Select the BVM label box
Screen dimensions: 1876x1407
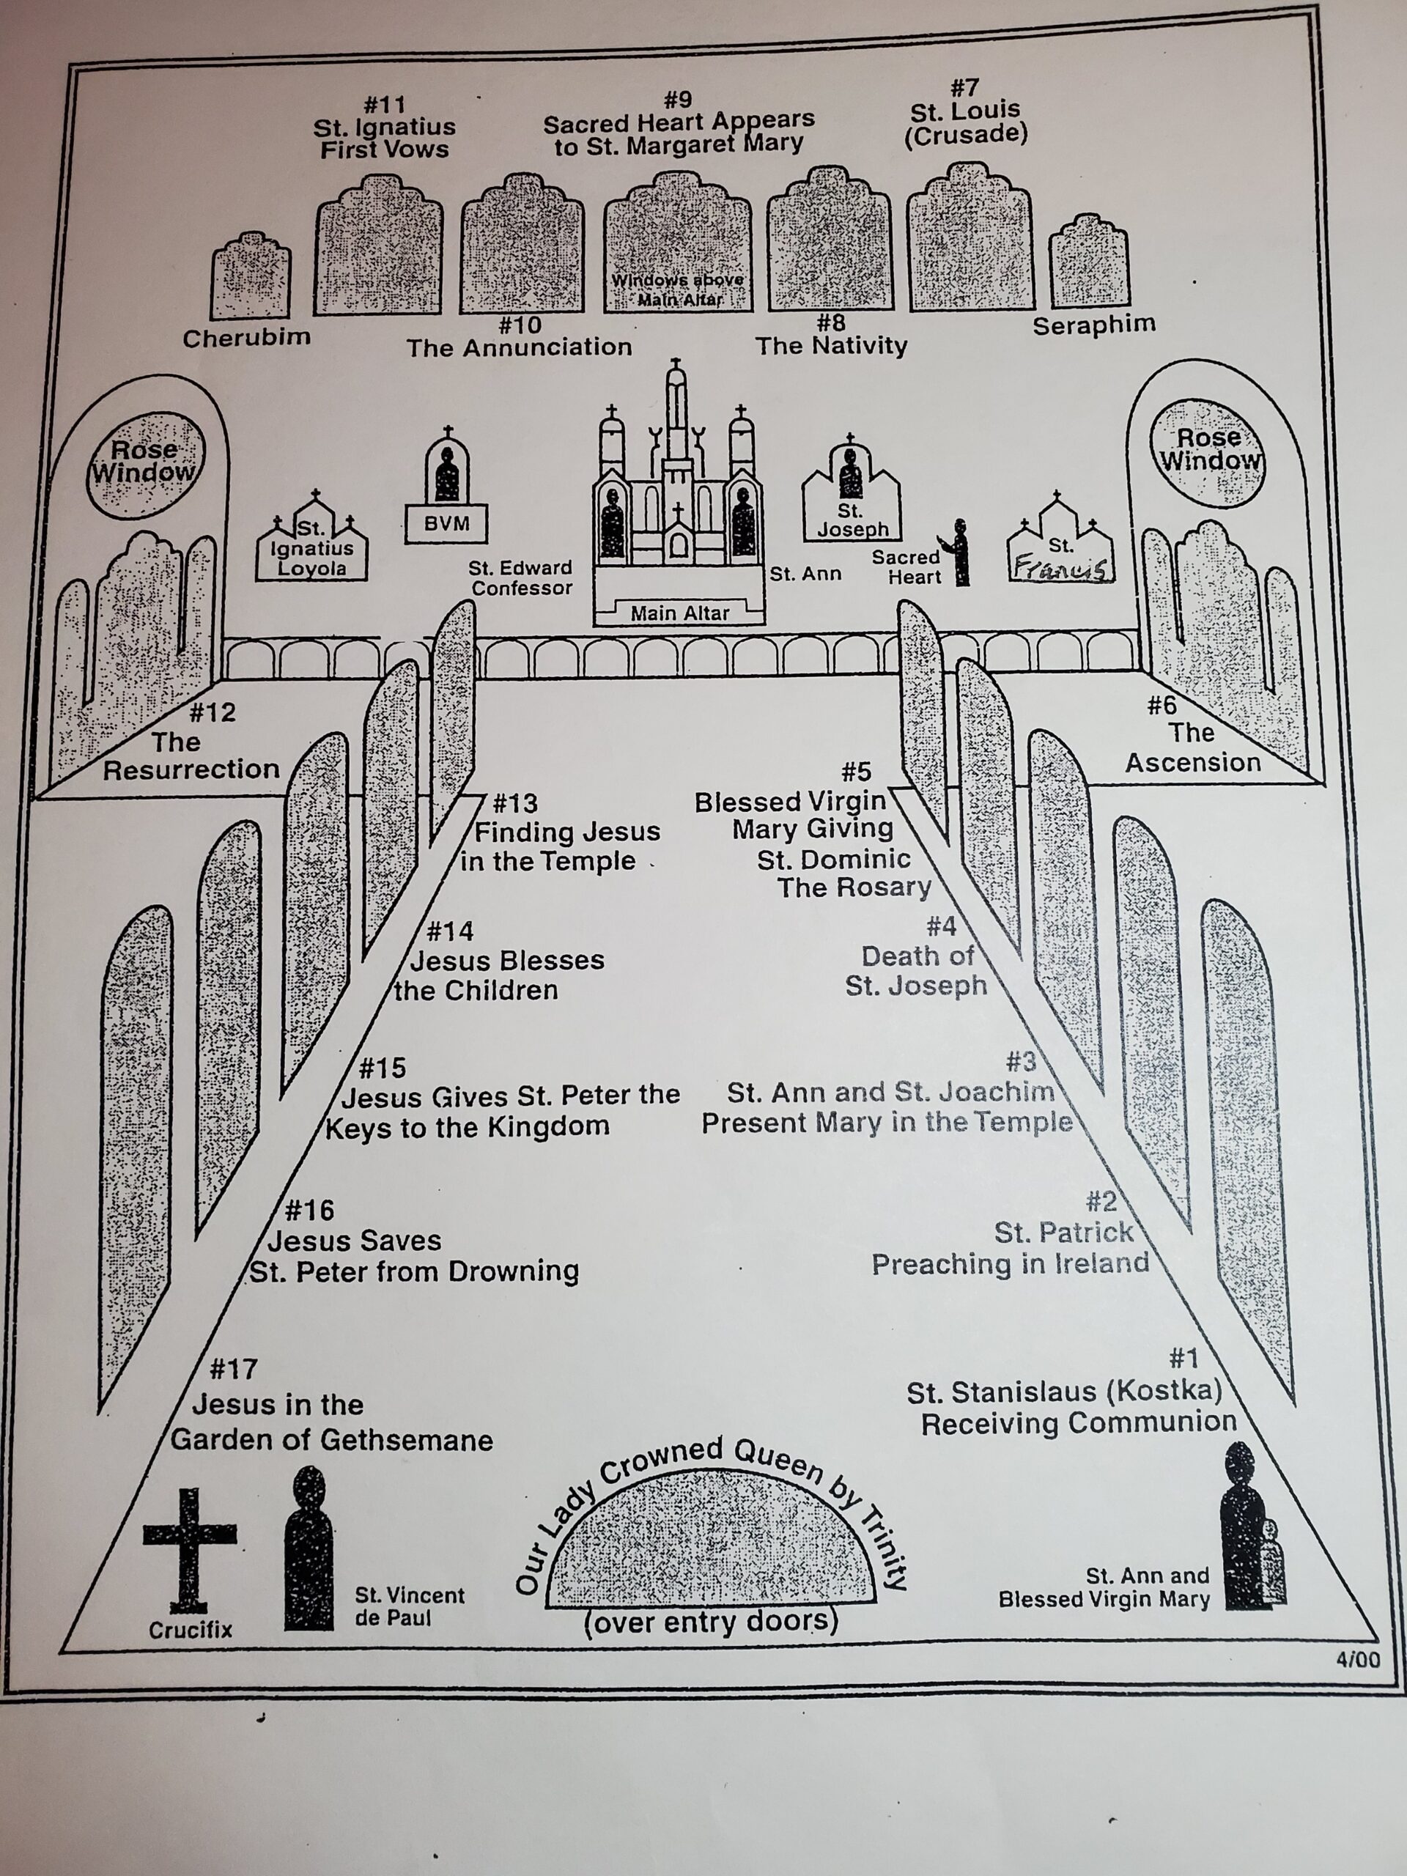[447, 524]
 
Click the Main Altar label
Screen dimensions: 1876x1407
[679, 613]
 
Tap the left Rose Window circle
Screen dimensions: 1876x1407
[146, 464]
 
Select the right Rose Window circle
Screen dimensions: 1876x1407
[1208, 452]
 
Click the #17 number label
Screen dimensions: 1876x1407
[233, 1369]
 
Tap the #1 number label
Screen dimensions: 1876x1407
[1184, 1359]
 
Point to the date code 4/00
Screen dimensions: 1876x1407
[1357, 1660]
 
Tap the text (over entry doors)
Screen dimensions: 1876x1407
[711, 1622]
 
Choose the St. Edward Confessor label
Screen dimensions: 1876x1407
[521, 577]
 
